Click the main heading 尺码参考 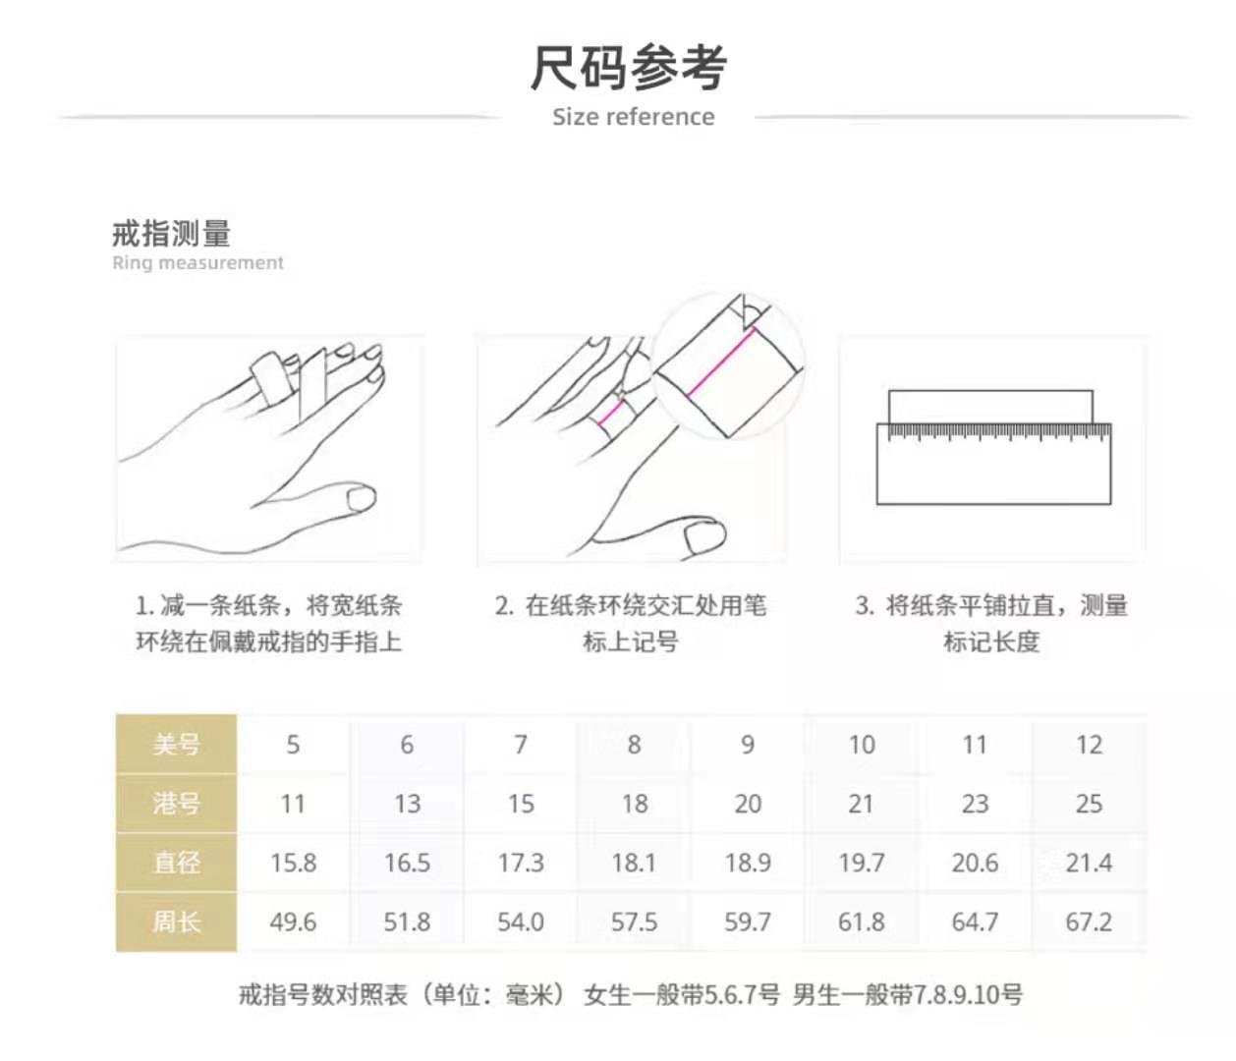[629, 68]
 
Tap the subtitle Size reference [633, 117]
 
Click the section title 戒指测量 [172, 234]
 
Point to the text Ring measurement [197, 263]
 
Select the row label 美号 [177, 745]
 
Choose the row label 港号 [177, 804]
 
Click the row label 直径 [177, 863]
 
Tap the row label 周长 [177, 921]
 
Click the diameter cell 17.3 [521, 863]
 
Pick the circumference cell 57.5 [634, 921]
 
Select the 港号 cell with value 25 [1089, 804]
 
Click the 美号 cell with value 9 [748, 745]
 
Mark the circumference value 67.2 [1089, 921]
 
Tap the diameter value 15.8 [293, 863]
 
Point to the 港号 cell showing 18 [634, 804]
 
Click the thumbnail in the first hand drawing [361, 499]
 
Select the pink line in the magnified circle [721, 363]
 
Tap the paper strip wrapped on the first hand [268, 377]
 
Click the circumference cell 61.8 [861, 921]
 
